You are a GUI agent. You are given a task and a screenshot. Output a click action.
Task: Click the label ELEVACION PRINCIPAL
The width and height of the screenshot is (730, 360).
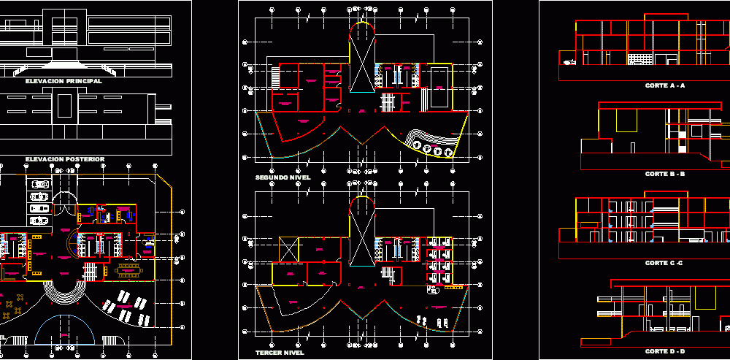coord(64,82)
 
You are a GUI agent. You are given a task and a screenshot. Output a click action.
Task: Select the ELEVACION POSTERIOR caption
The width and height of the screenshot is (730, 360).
coord(65,158)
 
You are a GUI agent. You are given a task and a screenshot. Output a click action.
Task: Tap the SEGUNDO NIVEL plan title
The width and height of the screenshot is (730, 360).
coord(283,177)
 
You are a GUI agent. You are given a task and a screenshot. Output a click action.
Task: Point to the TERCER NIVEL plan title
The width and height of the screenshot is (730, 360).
coord(280,353)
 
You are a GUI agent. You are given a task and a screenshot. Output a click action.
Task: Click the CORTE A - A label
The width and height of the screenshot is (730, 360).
coord(664,85)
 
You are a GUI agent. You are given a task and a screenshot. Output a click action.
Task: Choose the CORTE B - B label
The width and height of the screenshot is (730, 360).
coord(664,174)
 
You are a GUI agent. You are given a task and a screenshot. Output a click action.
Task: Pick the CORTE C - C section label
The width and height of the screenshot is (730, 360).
coord(664,262)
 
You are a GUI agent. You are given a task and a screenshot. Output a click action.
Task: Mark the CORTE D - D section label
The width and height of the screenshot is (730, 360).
coord(664,351)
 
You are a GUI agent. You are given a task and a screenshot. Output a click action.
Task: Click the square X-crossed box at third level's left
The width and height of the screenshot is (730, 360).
coord(289,248)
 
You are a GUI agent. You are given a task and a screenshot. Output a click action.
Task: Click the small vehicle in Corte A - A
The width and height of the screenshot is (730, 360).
coord(569,62)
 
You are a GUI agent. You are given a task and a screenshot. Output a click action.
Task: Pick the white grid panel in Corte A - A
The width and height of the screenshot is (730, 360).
coord(639,58)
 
